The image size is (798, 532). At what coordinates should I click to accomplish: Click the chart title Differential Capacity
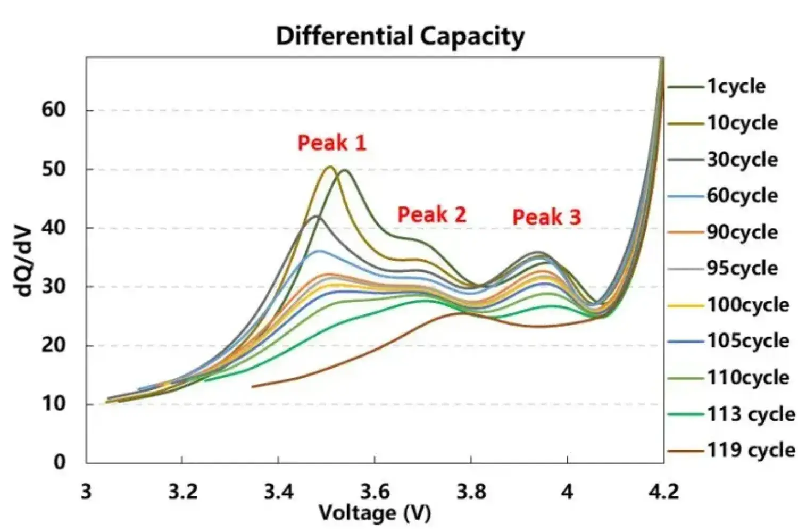pyautogui.click(x=400, y=36)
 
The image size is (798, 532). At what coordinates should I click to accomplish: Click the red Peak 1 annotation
pyautogui.click(x=332, y=143)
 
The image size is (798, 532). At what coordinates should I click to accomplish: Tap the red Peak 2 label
pyautogui.click(x=431, y=214)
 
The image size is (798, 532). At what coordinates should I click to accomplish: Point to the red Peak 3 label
pyautogui.click(x=546, y=217)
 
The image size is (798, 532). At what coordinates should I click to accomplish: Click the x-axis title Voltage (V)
pyautogui.click(x=375, y=513)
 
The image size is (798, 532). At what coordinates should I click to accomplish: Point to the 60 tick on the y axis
pyautogui.click(x=53, y=110)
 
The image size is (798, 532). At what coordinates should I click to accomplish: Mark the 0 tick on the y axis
pyautogui.click(x=60, y=462)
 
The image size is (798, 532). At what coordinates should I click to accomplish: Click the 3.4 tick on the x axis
pyautogui.click(x=279, y=491)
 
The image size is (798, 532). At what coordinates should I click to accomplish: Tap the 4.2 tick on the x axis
pyautogui.click(x=663, y=491)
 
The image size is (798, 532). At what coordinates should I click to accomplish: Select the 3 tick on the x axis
pyautogui.click(x=86, y=491)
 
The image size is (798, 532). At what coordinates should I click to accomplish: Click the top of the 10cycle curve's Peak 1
pyautogui.click(x=329, y=167)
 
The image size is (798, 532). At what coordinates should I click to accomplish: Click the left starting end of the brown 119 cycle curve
pyautogui.click(x=252, y=386)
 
